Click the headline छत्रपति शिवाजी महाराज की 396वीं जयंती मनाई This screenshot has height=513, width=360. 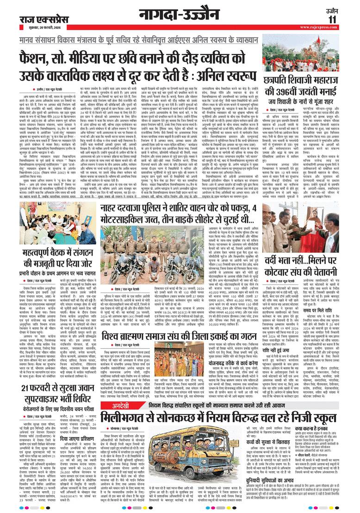click(310, 96)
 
